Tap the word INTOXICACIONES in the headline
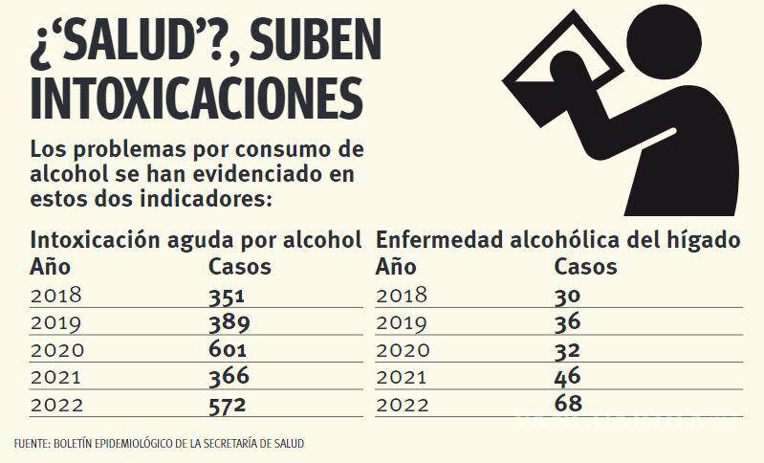pyautogui.click(x=196, y=99)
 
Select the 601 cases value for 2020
pyautogui.click(x=229, y=350)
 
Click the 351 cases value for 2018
pyautogui.click(x=228, y=295)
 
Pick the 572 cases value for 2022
pyautogui.click(x=229, y=405)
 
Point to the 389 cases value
pyautogui.click(x=229, y=322)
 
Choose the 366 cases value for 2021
pyautogui.click(x=229, y=377)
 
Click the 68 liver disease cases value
pyautogui.click(x=568, y=405)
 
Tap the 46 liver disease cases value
pyautogui.click(x=568, y=377)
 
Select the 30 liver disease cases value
pyautogui.click(x=568, y=295)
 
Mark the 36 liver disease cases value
pyautogui.click(x=568, y=322)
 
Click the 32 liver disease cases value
pyautogui.click(x=568, y=350)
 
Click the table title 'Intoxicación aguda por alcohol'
pyautogui.click(x=196, y=239)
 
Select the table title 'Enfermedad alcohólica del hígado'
pyautogui.click(x=557, y=239)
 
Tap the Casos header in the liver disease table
pyautogui.click(x=585, y=266)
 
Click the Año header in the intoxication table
pyautogui.click(x=51, y=266)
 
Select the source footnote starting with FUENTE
pyautogui.click(x=160, y=444)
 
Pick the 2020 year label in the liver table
pyautogui.click(x=403, y=350)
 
